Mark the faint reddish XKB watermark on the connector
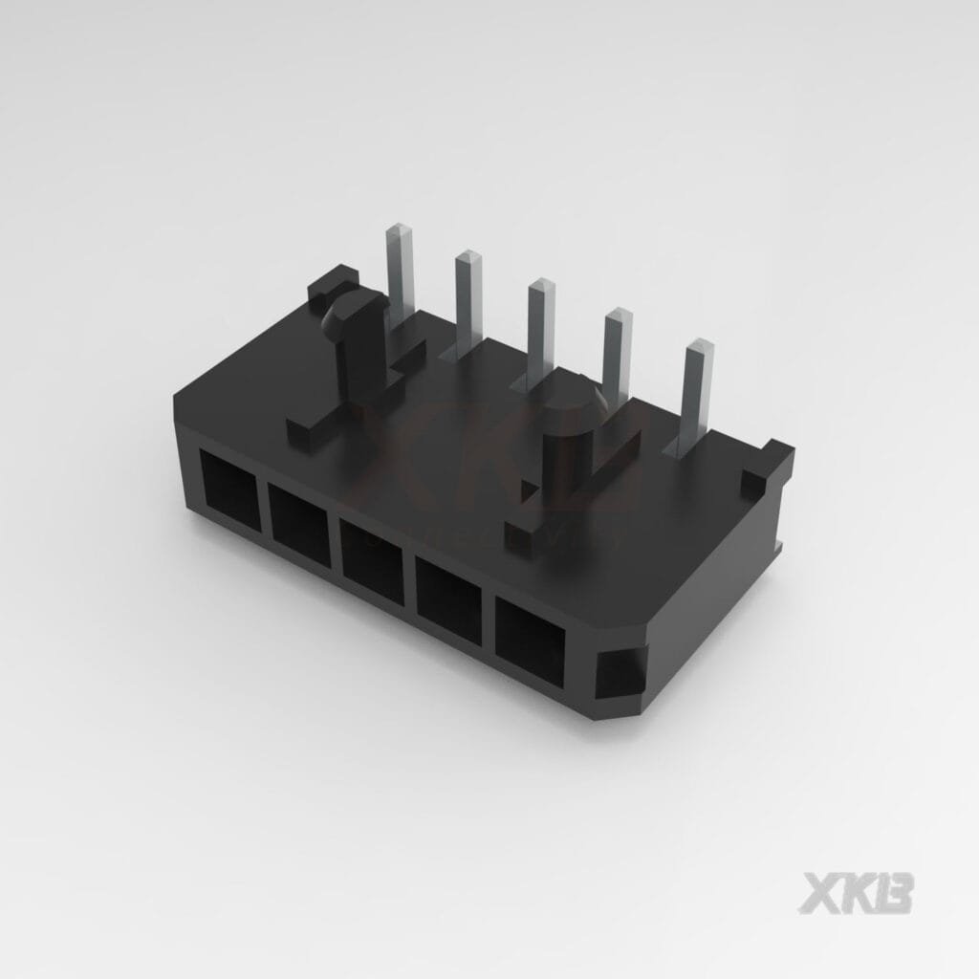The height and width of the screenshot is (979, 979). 497,459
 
